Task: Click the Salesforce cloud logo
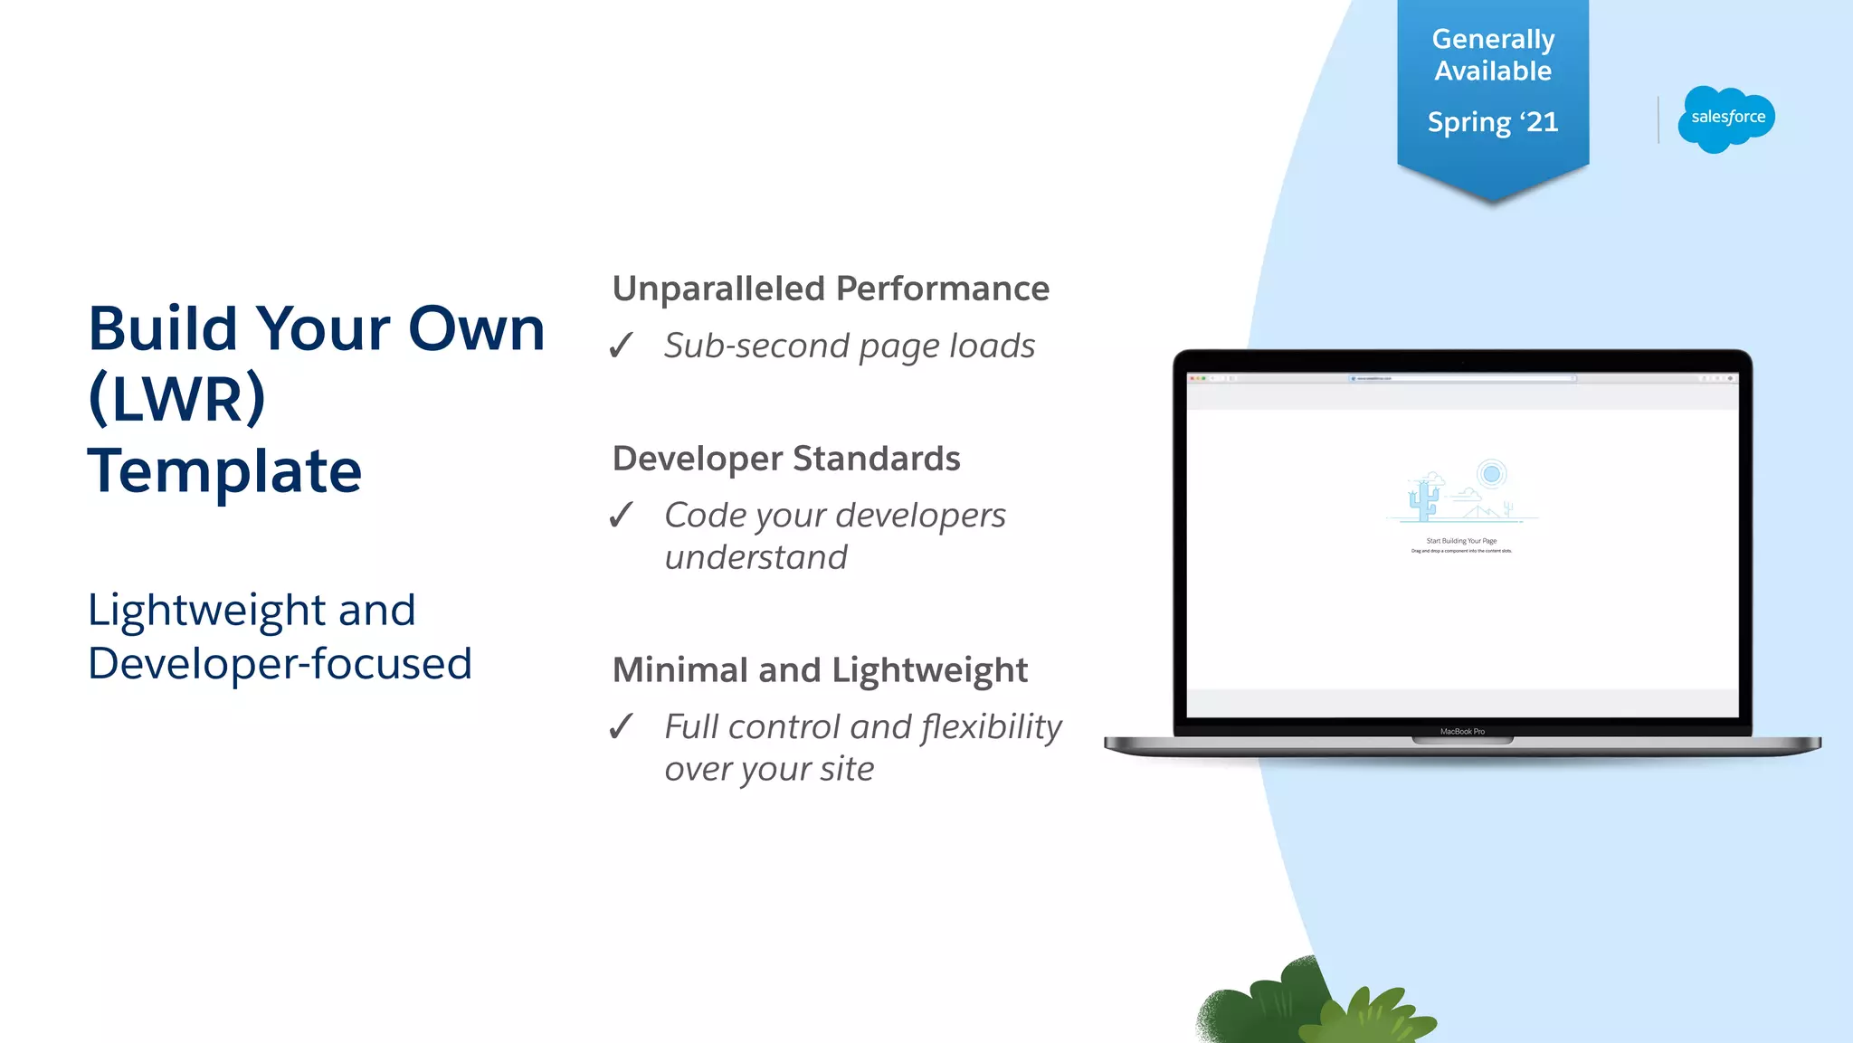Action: click(1726, 119)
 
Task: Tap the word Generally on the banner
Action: click(1493, 39)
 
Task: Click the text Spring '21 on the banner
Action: click(1493, 122)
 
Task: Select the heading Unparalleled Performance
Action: click(831, 289)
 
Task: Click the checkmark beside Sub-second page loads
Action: click(621, 346)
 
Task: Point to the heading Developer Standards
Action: click(785, 459)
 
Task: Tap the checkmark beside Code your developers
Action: click(621, 516)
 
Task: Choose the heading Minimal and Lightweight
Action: click(820, 670)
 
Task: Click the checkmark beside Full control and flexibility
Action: click(621, 726)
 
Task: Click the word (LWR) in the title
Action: click(177, 398)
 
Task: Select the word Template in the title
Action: click(224, 470)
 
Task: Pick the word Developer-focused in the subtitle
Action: click(280, 663)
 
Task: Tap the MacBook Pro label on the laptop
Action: click(1462, 731)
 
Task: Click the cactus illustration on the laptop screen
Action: click(1423, 498)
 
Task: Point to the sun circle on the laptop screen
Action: click(1491, 474)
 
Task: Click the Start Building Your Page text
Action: click(1461, 541)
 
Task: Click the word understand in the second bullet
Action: click(756, 557)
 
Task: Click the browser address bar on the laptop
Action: click(1462, 378)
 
